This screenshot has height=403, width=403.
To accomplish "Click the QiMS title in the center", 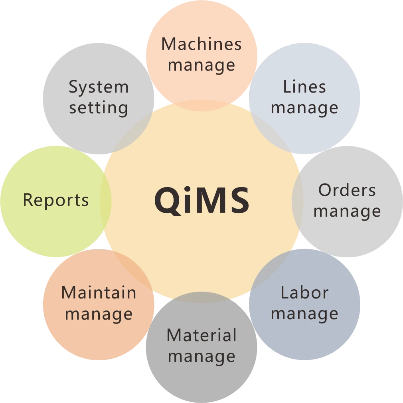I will (202, 200).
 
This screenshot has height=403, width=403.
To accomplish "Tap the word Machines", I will (201, 44).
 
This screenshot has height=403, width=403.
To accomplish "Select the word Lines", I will (304, 87).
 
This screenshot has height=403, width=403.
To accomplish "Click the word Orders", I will (347, 190).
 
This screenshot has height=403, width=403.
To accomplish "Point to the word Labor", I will (304, 293).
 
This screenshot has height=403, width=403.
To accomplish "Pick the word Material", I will (201, 335).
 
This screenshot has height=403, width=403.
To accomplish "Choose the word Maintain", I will (99, 293).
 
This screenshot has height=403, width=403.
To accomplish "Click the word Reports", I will (56, 200).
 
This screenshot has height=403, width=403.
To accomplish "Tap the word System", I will (99, 87).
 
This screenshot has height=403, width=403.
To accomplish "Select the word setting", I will (99, 108).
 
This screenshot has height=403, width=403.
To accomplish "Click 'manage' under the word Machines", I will (201, 65).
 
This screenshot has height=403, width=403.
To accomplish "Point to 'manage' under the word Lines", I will (304, 108).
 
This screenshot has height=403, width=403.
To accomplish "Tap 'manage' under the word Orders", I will (347, 211).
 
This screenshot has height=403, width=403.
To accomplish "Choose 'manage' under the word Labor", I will (304, 314).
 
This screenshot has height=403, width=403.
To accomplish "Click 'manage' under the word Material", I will (201, 356).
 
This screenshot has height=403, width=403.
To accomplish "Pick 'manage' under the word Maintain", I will (99, 314).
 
